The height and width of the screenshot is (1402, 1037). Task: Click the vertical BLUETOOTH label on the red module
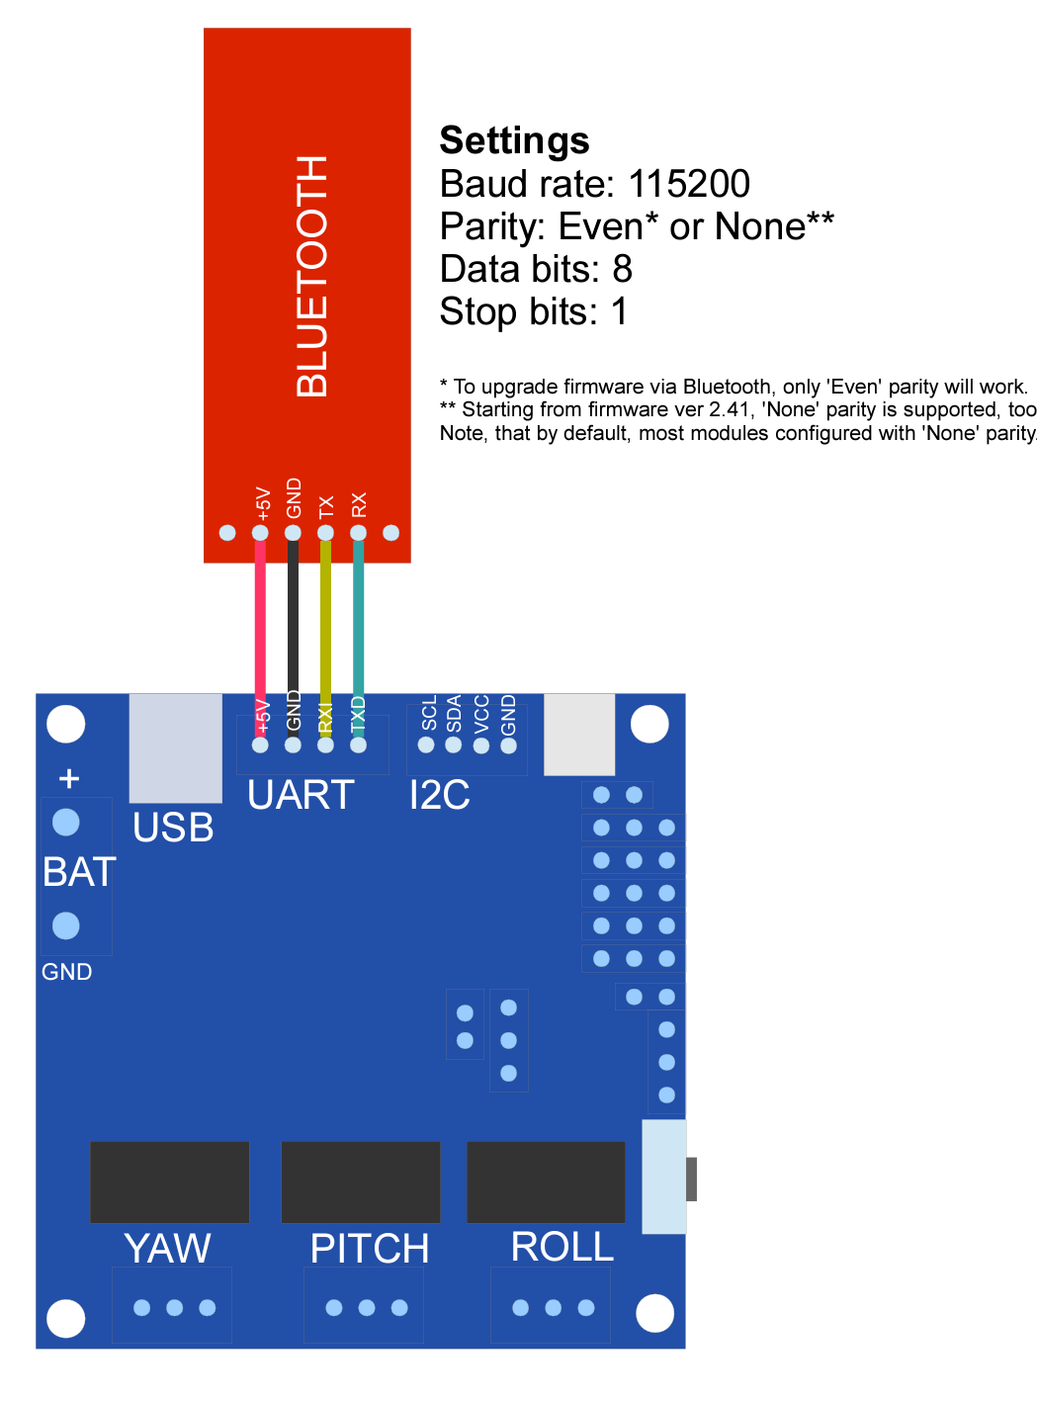coord(311,277)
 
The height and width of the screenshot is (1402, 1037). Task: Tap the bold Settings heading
coord(514,140)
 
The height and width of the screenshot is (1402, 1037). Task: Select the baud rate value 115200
coord(689,184)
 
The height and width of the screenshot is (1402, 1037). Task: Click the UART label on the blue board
coord(301,795)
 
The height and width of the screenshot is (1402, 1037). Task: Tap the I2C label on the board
coord(439,795)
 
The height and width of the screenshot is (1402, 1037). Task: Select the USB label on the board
coord(173,828)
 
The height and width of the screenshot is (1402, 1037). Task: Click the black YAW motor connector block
coord(170,1182)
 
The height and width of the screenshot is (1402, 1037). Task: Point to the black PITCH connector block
coord(361,1182)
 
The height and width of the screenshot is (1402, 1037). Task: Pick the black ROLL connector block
coord(546,1182)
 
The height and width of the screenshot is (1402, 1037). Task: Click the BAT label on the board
coord(79,872)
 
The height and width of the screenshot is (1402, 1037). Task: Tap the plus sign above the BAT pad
coord(68,779)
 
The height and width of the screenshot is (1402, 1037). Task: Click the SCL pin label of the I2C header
coord(428,713)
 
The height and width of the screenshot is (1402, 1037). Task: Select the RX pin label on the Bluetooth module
coord(359,504)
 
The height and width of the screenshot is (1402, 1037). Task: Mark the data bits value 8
coord(622,269)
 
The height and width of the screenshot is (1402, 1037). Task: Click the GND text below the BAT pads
coord(66,972)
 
